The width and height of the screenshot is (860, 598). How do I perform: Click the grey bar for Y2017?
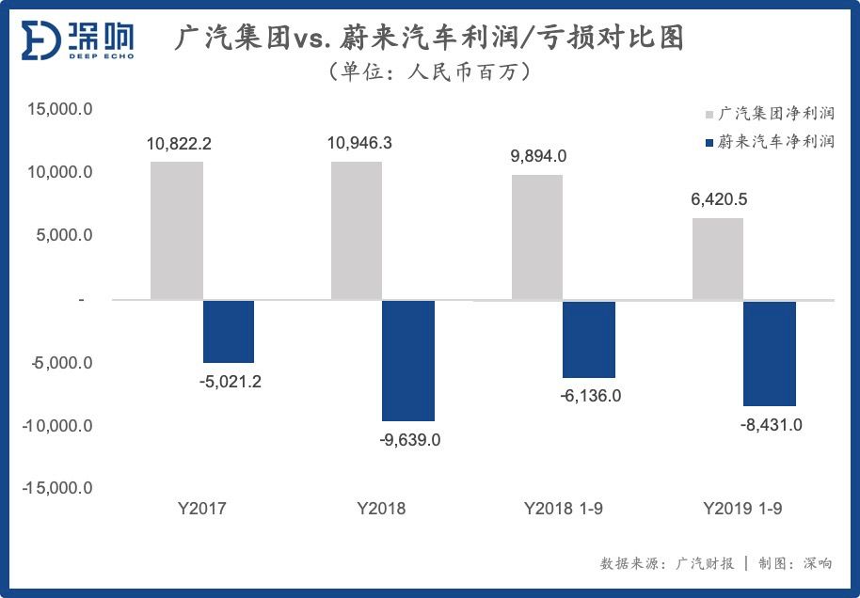177,230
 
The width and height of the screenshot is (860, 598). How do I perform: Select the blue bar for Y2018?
409,360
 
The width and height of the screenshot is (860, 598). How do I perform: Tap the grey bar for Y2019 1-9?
718,259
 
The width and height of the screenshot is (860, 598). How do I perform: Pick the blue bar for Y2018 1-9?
589,338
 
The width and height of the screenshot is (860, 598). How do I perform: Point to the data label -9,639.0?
409,439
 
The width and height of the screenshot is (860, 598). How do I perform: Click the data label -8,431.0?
771,425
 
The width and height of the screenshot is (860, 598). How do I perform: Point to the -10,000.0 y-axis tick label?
57,425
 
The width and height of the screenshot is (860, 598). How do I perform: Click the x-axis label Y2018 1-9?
564,509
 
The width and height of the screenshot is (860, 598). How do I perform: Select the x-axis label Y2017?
202,509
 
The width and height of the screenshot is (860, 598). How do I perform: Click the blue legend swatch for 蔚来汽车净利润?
709,143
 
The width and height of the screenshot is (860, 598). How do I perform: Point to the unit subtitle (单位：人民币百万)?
429,71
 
